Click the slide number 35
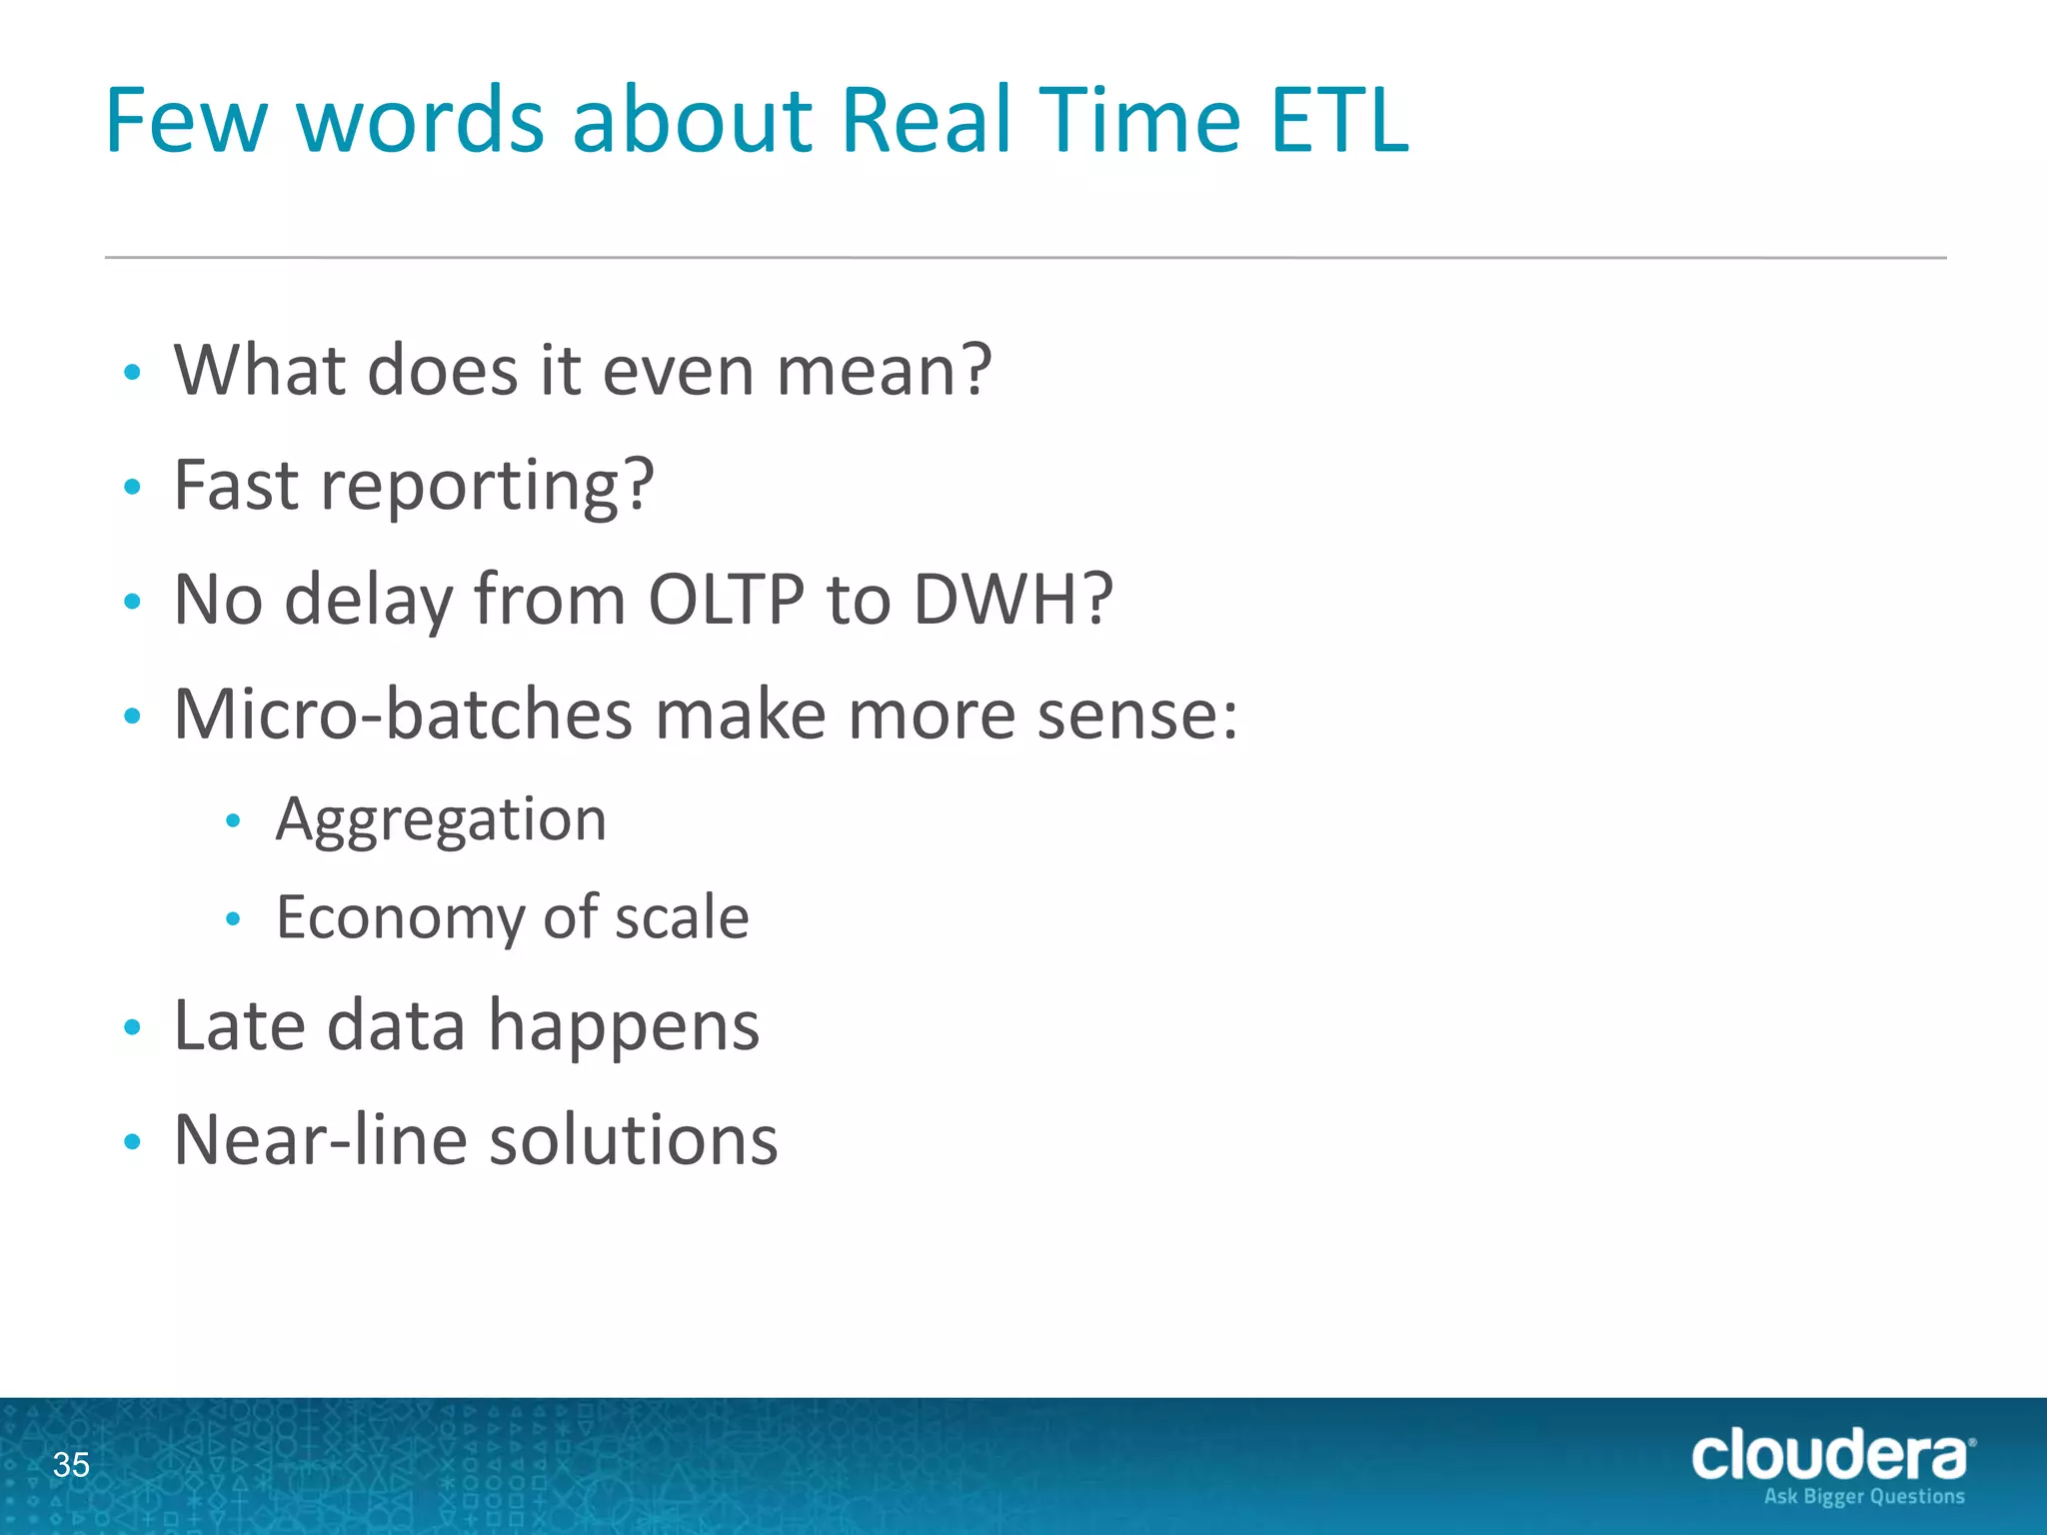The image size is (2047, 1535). pyautogui.click(x=71, y=1465)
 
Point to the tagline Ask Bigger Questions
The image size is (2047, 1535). pyautogui.click(x=1864, y=1497)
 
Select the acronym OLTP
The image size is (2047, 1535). pyautogui.click(x=726, y=600)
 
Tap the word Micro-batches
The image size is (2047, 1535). pyautogui.click(x=403, y=715)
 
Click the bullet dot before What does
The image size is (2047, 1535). pyautogui.click(x=132, y=373)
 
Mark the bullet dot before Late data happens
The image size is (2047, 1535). pyautogui.click(x=132, y=1028)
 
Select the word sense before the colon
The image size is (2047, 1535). pyautogui.click(x=1126, y=715)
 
